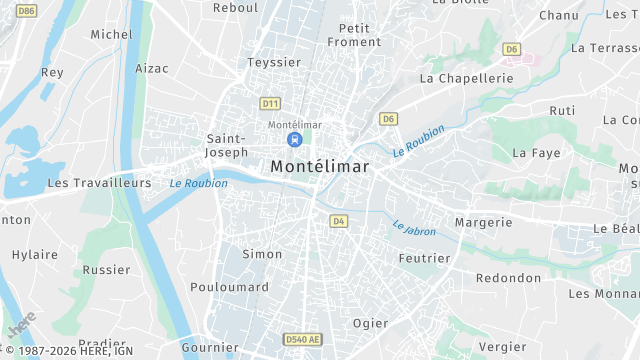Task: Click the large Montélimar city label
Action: coord(320,167)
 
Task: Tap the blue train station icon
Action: coord(294,139)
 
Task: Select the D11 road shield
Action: coord(270,103)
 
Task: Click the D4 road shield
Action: coord(338,221)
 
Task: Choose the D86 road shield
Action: coord(26,11)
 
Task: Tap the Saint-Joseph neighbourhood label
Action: coord(226,145)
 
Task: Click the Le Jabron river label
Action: coord(414,229)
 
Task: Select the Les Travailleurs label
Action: coord(99,183)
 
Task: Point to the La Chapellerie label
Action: coord(466,77)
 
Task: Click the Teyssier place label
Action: coord(274,62)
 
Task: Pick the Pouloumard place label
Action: coord(229,287)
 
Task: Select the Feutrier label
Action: coord(424,258)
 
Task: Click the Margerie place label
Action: coord(483,222)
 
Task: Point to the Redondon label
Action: coord(508,278)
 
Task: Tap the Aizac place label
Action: coord(152,68)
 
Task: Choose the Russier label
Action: coord(106,270)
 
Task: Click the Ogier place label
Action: coord(370,323)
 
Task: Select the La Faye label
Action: coord(536,153)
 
